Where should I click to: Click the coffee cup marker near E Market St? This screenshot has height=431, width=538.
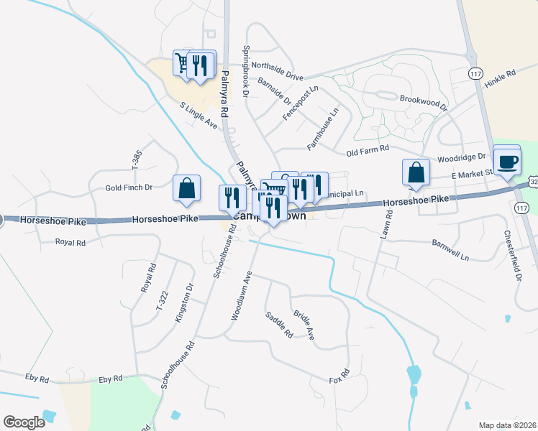[x=508, y=161]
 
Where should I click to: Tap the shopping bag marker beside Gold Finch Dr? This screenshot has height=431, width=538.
[x=186, y=188]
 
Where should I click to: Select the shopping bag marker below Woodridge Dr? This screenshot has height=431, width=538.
[x=416, y=173]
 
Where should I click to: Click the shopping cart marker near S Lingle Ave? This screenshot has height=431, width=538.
[x=183, y=65]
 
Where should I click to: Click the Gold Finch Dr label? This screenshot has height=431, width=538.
[x=129, y=187]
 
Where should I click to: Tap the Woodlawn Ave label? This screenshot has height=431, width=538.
[x=240, y=295]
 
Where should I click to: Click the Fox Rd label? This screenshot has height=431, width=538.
[x=339, y=376]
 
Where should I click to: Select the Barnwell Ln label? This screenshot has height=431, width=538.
[x=450, y=254]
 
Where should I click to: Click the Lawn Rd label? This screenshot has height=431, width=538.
[x=386, y=229]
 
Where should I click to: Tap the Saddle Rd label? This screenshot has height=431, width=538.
[x=279, y=325]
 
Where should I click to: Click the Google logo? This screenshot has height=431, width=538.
[x=24, y=422]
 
